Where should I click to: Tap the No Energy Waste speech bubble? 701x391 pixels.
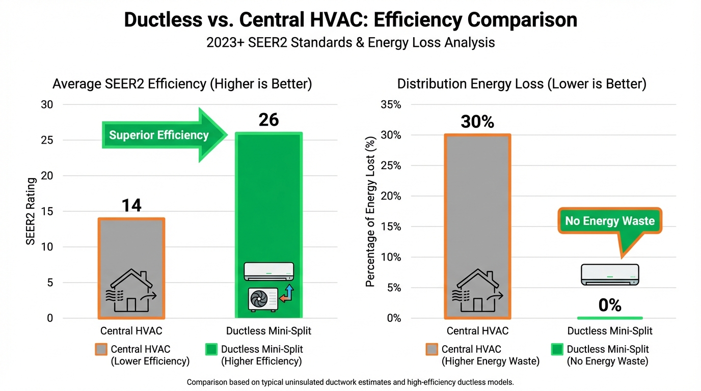(x=610, y=221)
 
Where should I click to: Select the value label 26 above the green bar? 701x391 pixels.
(x=268, y=120)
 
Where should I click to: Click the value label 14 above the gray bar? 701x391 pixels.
(x=131, y=205)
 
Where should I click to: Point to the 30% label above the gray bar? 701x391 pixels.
(x=477, y=122)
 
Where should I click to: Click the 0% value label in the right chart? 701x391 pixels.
(x=609, y=305)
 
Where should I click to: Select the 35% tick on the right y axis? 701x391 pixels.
(x=391, y=105)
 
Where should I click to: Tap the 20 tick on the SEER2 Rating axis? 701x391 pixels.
(x=47, y=176)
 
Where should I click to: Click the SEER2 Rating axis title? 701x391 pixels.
(x=31, y=211)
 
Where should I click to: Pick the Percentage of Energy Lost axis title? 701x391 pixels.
(x=371, y=211)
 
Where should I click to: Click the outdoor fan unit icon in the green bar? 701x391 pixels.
(x=263, y=299)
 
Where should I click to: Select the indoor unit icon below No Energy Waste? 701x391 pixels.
(x=609, y=274)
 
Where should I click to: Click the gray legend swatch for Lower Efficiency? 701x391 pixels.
(x=101, y=349)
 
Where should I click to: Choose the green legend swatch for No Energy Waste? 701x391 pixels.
(x=557, y=349)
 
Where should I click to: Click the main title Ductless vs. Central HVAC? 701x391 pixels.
(x=350, y=20)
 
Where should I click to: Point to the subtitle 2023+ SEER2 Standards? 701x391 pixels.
(x=350, y=42)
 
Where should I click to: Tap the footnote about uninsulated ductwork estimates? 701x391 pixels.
(x=350, y=382)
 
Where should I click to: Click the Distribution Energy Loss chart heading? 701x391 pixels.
(x=522, y=84)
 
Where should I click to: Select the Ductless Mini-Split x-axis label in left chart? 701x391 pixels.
(x=268, y=331)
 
